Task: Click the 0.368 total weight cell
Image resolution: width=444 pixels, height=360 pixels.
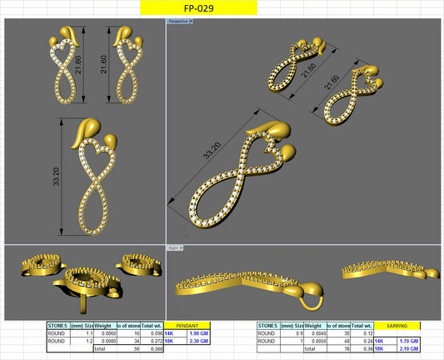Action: click(152, 348)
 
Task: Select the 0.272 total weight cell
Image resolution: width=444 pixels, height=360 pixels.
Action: click(152, 341)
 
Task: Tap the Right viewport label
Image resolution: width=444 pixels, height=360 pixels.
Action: click(174, 248)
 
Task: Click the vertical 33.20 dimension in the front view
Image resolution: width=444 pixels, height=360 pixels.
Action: click(56, 176)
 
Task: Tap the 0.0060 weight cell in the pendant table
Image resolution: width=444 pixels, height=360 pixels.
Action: click(102, 333)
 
